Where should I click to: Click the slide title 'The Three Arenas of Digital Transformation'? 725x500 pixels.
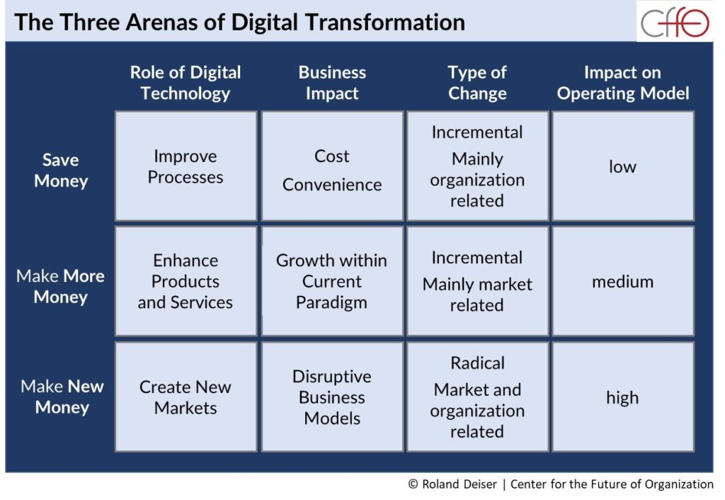click(239, 22)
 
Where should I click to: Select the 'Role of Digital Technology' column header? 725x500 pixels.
click(185, 83)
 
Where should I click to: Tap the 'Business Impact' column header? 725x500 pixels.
click(332, 83)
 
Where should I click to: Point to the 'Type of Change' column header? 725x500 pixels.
click(477, 83)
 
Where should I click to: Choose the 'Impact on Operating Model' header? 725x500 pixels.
click(623, 83)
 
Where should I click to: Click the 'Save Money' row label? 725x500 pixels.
click(61, 170)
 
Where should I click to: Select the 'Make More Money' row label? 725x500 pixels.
click(61, 286)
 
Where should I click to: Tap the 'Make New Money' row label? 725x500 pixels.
click(62, 397)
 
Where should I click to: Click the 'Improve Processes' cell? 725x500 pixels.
click(185, 166)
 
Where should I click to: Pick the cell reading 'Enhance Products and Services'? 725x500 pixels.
click(185, 281)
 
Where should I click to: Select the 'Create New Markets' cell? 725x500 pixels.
click(185, 397)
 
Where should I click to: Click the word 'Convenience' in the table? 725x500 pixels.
click(332, 185)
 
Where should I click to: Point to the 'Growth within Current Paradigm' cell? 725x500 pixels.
click(332, 281)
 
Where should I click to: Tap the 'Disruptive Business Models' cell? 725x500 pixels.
click(332, 397)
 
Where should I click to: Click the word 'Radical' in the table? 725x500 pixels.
click(477, 363)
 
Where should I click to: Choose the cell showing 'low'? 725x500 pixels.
click(622, 166)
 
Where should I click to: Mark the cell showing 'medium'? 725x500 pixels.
click(622, 282)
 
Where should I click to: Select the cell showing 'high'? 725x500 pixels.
click(622, 397)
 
